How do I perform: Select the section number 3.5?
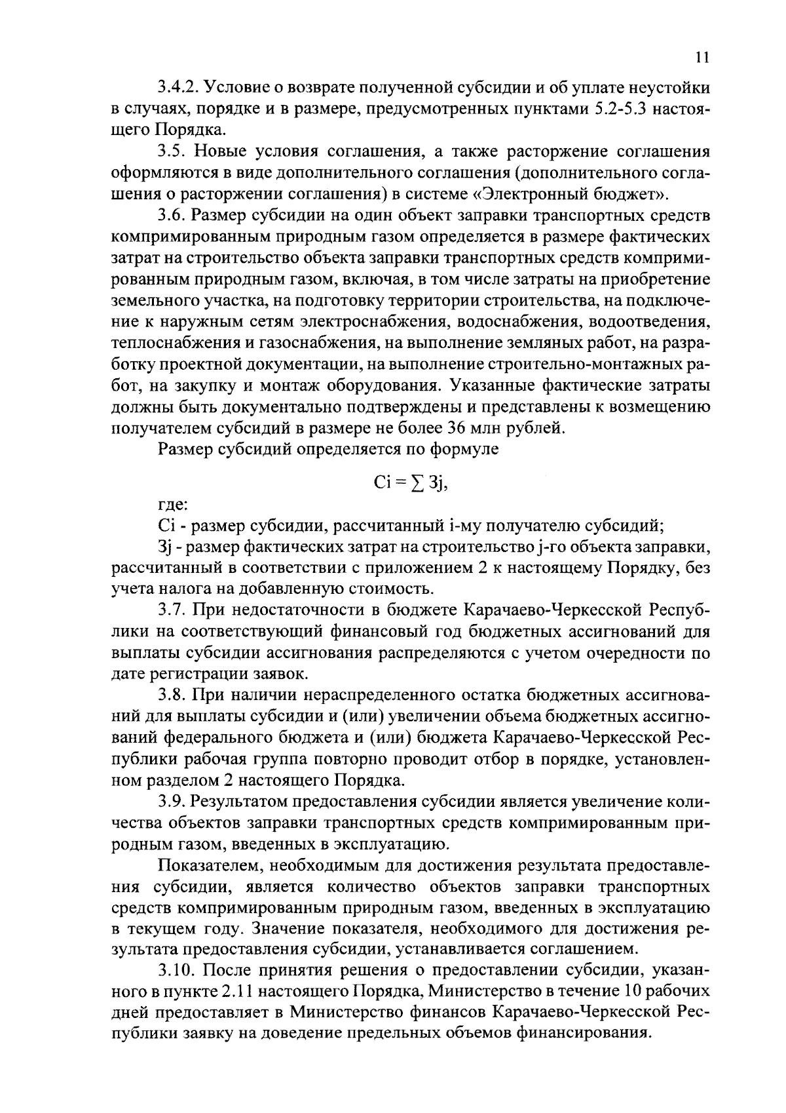coord(172,151)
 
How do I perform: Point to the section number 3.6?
coord(172,215)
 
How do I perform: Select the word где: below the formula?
coord(173,504)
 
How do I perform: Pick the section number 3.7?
coord(172,610)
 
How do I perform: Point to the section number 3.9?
coord(172,802)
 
